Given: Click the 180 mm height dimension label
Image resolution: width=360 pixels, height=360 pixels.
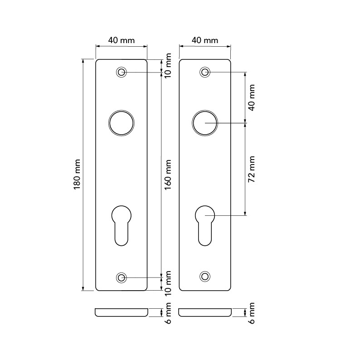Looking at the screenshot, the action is pyautogui.click(x=77, y=175).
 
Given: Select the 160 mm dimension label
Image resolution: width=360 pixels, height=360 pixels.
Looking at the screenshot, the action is pyautogui.click(x=168, y=175).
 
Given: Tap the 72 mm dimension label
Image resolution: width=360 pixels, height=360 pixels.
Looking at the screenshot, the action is pyautogui.click(x=252, y=169).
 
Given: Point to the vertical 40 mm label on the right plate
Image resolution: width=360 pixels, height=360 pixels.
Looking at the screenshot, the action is pyautogui.click(x=252, y=98).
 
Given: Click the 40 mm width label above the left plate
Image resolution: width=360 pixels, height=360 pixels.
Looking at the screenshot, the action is pyautogui.click(x=121, y=40).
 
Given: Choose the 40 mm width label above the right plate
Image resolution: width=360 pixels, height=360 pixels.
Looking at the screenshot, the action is pyautogui.click(x=205, y=40).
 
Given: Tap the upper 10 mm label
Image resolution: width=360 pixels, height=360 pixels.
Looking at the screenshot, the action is pyautogui.click(x=168, y=66).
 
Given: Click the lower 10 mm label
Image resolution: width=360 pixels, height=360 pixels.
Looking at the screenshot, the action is pyautogui.click(x=168, y=283).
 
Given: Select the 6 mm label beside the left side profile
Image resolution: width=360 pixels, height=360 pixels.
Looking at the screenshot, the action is pyautogui.click(x=168, y=313).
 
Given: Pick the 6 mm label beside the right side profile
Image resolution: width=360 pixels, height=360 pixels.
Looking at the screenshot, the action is pyautogui.click(x=252, y=313).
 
